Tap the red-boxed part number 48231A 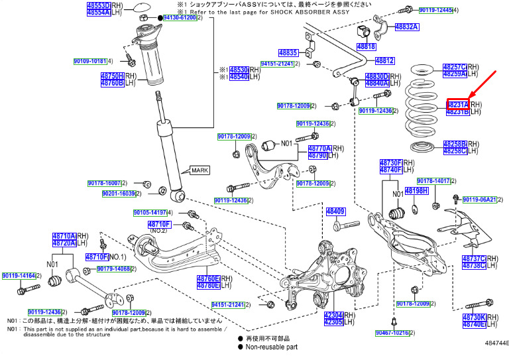(x=457, y=105)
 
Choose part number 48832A (x=406, y=27)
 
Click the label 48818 (x=366, y=47)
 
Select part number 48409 (x=335, y=211)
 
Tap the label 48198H (x=417, y=191)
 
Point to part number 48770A (x=319, y=149)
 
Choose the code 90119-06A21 (x=479, y=199)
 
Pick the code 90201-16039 (x=119, y=194)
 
